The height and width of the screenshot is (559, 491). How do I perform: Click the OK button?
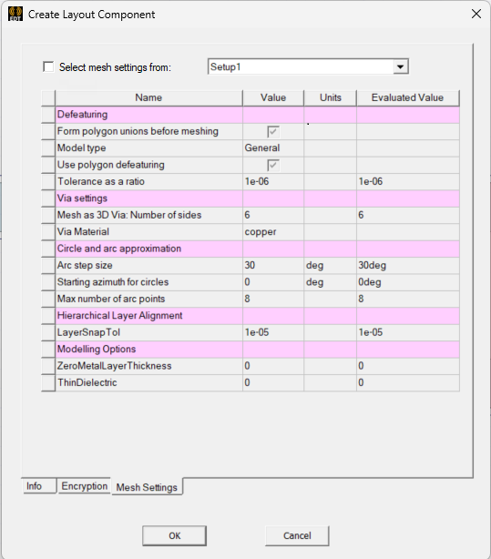click(x=175, y=535)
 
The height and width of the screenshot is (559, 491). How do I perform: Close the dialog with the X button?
click(x=475, y=14)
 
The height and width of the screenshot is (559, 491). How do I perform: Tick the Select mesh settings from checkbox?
click(x=48, y=66)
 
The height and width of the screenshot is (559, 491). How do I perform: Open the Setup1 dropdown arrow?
click(x=399, y=66)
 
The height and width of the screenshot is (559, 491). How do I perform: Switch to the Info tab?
click(x=35, y=486)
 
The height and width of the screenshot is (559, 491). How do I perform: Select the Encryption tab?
click(x=85, y=486)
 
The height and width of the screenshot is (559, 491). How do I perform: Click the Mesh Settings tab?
click(x=147, y=487)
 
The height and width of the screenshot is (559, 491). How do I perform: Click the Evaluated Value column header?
click(x=407, y=97)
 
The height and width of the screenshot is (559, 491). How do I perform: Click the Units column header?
click(x=330, y=97)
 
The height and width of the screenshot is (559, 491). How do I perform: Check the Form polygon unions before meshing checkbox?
click(x=272, y=131)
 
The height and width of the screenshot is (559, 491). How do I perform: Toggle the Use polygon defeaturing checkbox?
click(x=272, y=165)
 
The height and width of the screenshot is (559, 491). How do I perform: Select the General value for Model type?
click(x=262, y=147)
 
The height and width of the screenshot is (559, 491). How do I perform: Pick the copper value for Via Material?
click(x=260, y=231)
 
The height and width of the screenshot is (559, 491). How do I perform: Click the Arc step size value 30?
click(x=251, y=265)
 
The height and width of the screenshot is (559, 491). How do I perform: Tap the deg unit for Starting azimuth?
click(x=315, y=282)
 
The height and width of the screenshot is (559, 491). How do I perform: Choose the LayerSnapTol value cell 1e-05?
click(x=258, y=332)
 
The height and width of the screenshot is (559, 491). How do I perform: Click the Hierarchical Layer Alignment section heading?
click(x=120, y=315)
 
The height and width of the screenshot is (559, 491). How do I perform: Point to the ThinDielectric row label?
click(x=87, y=382)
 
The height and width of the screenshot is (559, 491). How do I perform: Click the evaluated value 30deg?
click(x=372, y=265)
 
